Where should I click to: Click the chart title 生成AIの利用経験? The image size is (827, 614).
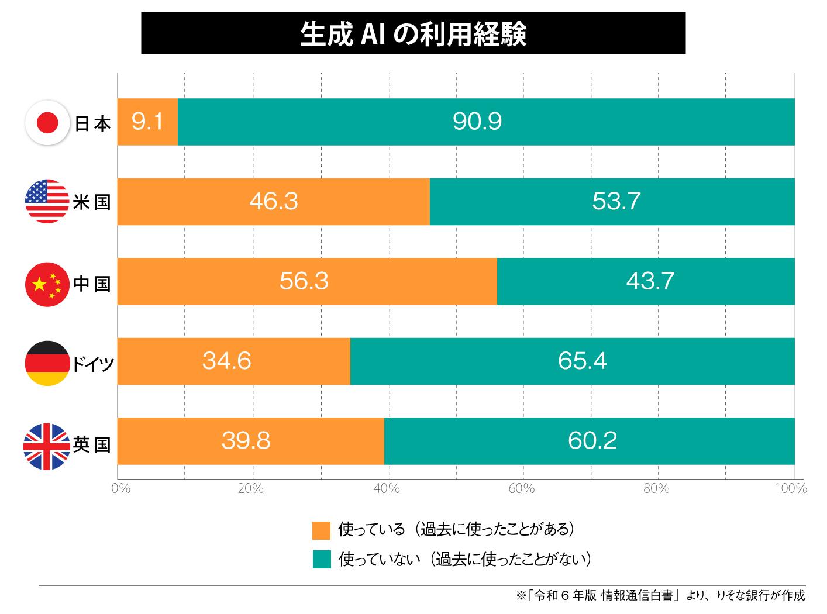coord(413,34)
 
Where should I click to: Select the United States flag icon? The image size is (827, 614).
coord(47,202)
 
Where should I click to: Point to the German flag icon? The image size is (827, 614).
coord(47,363)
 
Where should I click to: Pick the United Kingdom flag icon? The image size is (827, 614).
coord(46,446)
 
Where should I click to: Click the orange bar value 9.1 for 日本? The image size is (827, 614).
coord(147,122)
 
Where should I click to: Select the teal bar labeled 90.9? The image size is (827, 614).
coord(485,122)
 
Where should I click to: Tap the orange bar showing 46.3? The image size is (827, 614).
coord(273,202)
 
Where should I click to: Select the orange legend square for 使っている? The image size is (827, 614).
coord(322,530)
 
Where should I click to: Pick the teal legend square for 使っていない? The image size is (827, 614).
coord(322,560)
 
